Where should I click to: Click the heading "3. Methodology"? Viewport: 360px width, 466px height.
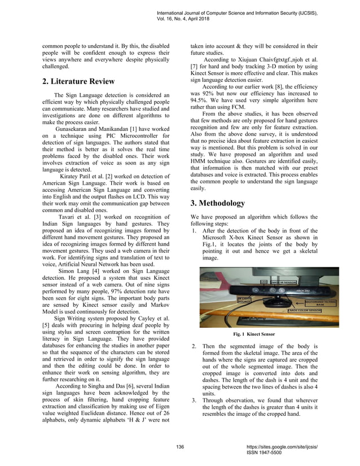[217, 203]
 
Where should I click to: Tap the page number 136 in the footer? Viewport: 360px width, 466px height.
[180, 447]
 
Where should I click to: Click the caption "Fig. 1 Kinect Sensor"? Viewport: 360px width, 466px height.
[254, 335]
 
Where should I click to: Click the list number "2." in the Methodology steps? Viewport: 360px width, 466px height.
[194, 346]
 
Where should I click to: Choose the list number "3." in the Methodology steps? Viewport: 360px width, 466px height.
[194, 399]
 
